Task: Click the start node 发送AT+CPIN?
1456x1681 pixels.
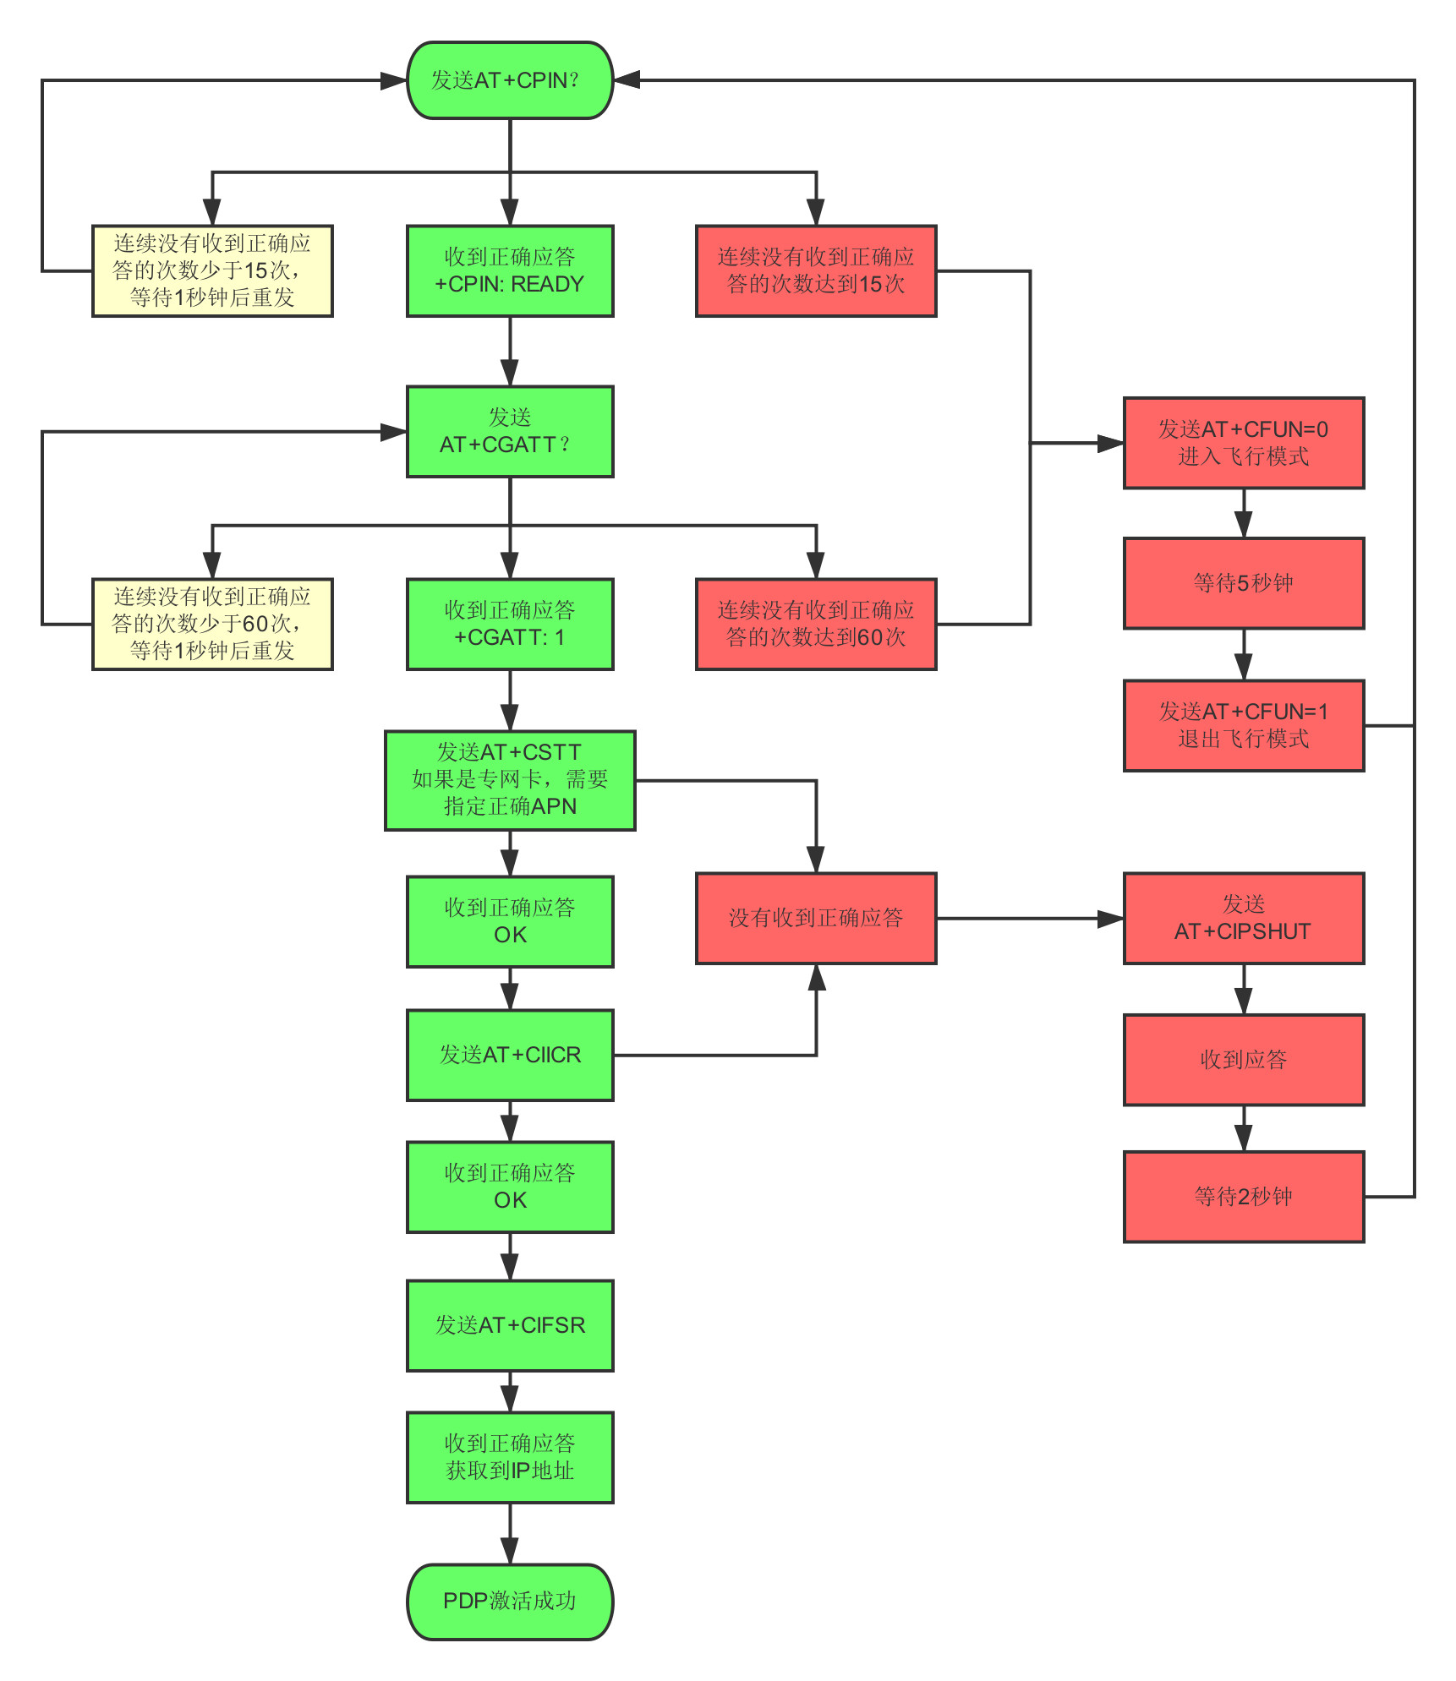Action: coord(510,80)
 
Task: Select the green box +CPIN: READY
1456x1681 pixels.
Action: coord(510,270)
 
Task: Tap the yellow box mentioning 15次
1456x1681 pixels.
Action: coord(212,270)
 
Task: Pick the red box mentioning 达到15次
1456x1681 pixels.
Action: coord(816,270)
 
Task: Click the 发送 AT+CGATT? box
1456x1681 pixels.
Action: coord(510,432)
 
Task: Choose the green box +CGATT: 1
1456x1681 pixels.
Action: coord(510,624)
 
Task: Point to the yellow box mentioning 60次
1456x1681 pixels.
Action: coord(212,624)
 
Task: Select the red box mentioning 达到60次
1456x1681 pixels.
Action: coord(816,624)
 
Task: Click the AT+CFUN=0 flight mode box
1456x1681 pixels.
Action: coord(1243,443)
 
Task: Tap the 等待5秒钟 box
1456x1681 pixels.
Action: coord(1243,583)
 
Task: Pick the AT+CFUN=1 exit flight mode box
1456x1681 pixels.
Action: coord(1243,725)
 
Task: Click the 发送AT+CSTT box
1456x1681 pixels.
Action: coord(510,780)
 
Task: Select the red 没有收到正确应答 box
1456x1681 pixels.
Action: coord(816,918)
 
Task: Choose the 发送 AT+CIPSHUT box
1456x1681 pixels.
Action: coord(1243,918)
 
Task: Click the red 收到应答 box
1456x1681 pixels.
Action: coord(1243,1060)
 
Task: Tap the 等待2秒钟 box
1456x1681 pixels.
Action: coord(1243,1197)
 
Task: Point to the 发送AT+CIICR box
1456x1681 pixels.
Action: coord(510,1055)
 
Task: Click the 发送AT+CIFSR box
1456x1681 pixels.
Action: coord(510,1325)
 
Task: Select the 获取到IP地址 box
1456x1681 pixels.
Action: coord(510,1457)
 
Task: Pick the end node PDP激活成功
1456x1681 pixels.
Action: coord(510,1602)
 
